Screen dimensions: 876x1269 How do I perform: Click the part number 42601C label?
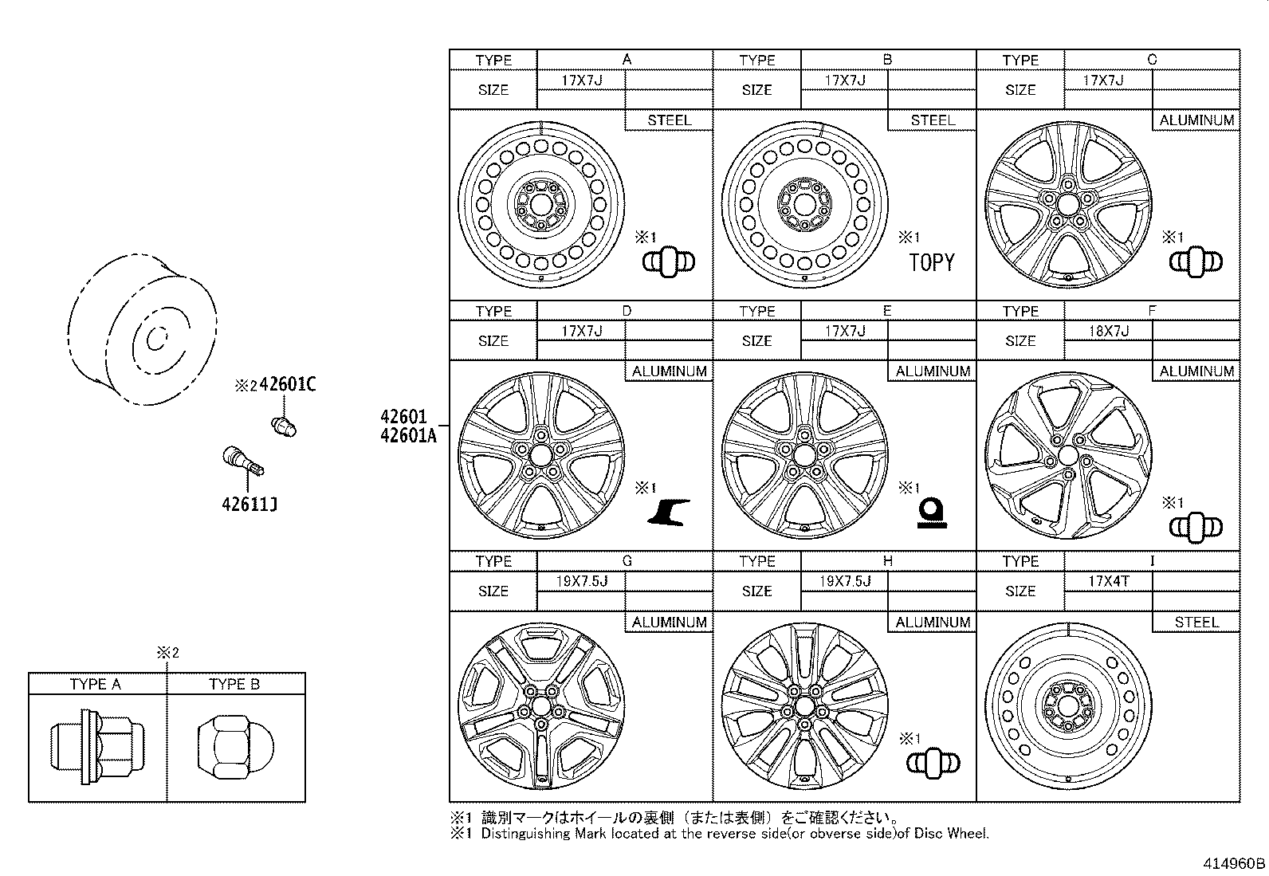point(287,385)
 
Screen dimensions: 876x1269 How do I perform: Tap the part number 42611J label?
point(249,504)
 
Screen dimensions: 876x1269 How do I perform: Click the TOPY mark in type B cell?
point(931,263)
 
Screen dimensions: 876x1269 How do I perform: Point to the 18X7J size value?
point(1109,331)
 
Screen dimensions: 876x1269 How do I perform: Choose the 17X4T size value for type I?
point(1109,581)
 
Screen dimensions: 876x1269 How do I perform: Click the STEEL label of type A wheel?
point(669,120)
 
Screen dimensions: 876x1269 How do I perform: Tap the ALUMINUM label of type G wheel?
point(669,622)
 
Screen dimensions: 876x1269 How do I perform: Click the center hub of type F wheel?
point(1067,457)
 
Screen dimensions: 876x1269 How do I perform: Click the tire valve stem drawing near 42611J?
point(242,462)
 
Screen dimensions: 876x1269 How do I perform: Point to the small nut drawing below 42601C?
point(284,426)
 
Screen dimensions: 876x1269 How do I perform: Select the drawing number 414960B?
point(1234,863)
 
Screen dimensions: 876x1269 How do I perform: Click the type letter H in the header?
point(887,561)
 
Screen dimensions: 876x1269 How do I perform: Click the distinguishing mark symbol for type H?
point(933,764)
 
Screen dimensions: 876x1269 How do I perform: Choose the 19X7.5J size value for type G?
point(582,581)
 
